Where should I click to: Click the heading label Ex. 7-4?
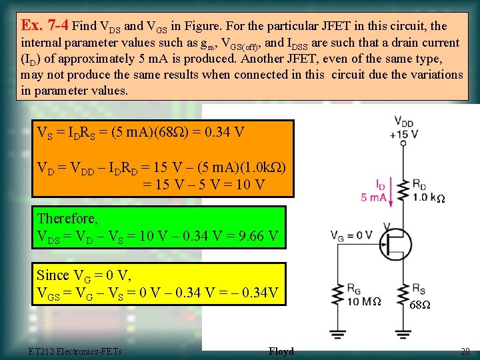(44, 25)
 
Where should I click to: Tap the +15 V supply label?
(405, 134)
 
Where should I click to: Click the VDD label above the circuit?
(404, 122)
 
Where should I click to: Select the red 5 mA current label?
(372, 197)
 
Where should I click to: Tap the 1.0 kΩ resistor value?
(429, 198)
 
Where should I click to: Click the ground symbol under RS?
(403, 333)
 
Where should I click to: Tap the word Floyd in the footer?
(281, 351)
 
